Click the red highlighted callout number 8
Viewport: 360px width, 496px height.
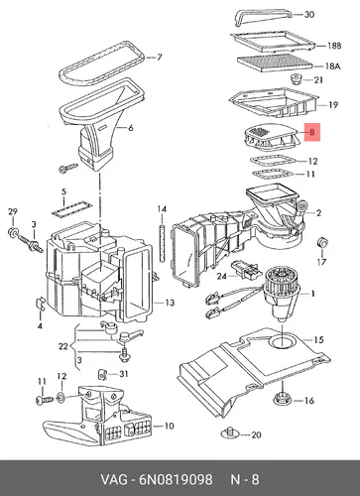[x=311, y=133]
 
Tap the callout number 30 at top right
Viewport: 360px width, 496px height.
[x=309, y=15]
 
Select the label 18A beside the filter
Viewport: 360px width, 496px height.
[x=332, y=66]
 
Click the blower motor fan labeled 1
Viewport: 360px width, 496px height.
[x=282, y=294]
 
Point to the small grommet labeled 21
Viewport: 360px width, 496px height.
[x=296, y=79]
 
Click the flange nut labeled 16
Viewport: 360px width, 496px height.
[x=282, y=399]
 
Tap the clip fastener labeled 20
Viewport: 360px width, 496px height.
[x=230, y=434]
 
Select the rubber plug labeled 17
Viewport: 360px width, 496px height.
[x=322, y=243]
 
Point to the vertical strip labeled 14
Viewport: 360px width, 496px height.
[x=162, y=242]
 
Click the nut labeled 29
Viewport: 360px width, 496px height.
[x=13, y=232]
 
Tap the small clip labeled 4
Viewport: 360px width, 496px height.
[x=40, y=304]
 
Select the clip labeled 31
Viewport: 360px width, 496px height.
[x=103, y=375]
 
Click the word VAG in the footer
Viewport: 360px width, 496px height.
[x=114, y=479]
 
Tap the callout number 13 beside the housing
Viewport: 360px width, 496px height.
[x=170, y=303]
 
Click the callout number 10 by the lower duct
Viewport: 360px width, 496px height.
[x=169, y=426]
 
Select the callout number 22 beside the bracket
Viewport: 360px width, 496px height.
[x=63, y=346]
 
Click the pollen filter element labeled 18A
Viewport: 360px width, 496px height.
[x=275, y=62]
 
